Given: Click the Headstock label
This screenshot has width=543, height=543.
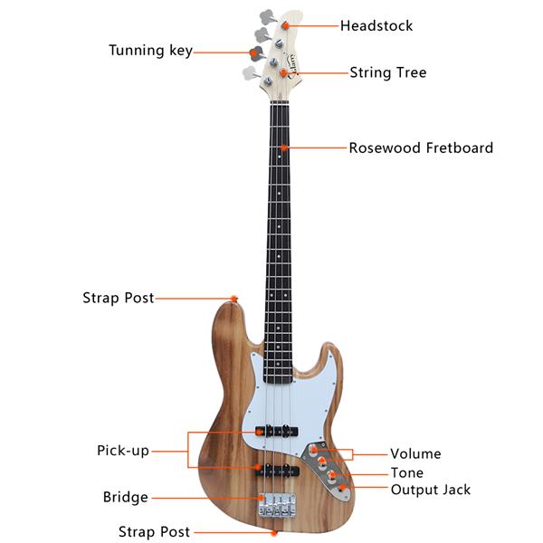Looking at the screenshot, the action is tap(376, 25).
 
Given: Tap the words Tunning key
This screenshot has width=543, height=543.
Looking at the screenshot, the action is tap(150, 51).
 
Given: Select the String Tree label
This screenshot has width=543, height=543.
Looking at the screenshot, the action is tap(388, 72).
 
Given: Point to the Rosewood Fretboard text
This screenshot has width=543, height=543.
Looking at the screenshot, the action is tap(421, 148).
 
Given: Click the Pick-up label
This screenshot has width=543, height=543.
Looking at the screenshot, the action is tap(123, 451).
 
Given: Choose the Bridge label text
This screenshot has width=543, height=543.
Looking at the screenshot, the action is tap(126, 497).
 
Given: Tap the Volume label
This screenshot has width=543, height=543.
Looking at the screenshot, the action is tap(415, 453).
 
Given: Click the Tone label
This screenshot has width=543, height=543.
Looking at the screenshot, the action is tap(407, 472).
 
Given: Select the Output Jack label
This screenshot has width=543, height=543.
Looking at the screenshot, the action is tap(431, 490).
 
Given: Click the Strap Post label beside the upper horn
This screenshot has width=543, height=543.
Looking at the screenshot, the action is tap(118, 298).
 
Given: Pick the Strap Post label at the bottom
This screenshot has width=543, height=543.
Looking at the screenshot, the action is tap(154, 531).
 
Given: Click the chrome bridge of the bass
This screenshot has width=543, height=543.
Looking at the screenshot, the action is tap(278, 504).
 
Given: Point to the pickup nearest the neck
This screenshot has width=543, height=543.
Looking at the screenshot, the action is tap(277, 431).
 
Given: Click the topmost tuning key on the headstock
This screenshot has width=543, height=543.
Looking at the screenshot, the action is tap(268, 16).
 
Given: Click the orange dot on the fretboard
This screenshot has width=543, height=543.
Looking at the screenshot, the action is tap(284, 148).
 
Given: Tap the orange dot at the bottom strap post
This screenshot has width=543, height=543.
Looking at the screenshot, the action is tap(274, 533).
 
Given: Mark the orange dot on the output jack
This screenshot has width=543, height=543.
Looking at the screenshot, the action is tap(342, 488).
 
